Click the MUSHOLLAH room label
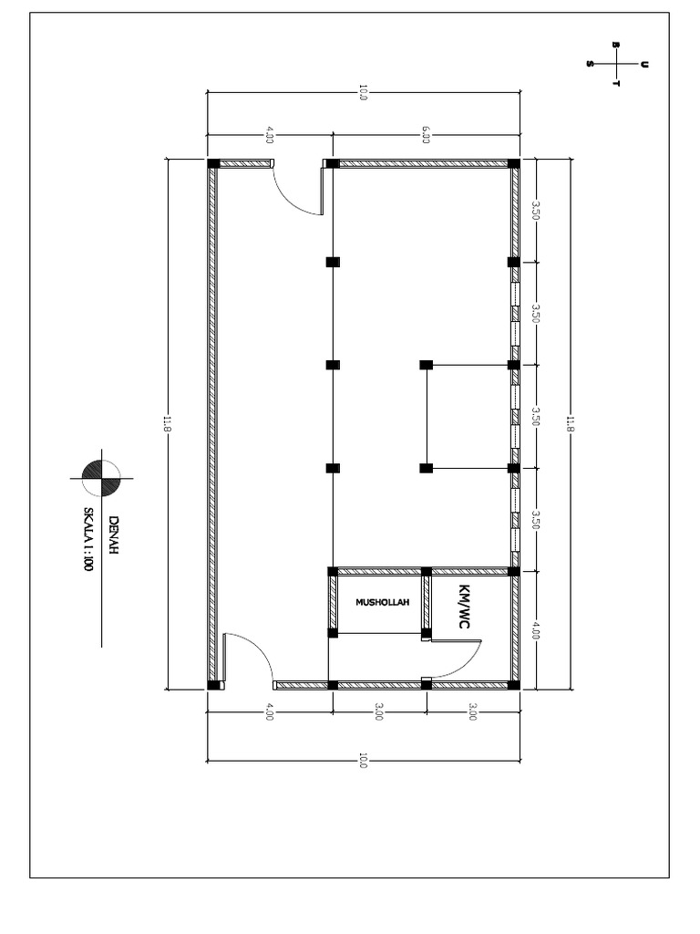coord(383,602)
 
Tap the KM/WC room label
coord(465,606)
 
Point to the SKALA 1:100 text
coord(90,538)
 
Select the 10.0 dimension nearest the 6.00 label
coord(362,92)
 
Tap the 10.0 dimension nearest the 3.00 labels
coord(362,759)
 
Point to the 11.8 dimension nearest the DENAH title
coord(167,424)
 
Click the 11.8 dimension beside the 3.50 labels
coord(571,424)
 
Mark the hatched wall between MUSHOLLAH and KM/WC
coord(426,602)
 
